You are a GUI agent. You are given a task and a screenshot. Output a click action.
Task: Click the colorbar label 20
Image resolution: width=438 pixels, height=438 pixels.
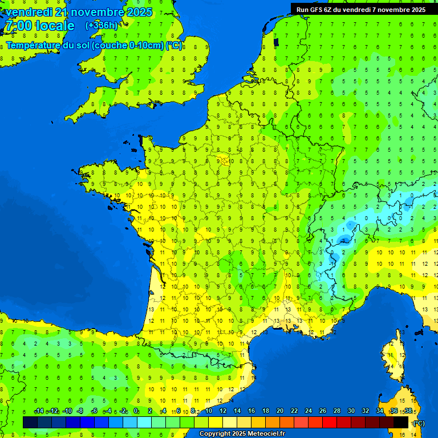279,411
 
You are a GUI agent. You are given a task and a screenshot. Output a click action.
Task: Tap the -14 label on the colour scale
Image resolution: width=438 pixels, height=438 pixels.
39,411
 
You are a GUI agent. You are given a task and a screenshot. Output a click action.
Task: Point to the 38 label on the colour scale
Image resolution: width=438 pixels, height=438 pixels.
408,411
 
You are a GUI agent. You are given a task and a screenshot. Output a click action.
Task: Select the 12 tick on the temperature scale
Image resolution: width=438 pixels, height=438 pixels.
223,411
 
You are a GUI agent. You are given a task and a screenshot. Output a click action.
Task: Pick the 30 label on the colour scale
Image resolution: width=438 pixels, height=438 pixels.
351,411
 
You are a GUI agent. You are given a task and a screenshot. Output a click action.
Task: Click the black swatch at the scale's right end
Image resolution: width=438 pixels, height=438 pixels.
401,422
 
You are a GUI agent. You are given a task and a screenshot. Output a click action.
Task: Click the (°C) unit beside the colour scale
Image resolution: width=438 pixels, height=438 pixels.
419,423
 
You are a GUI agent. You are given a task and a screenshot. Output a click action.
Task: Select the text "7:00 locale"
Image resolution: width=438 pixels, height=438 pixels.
39,26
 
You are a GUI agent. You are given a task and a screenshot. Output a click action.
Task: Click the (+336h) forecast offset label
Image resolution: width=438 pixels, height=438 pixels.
102,26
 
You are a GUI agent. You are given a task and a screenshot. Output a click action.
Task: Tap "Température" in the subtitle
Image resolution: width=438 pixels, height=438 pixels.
34,46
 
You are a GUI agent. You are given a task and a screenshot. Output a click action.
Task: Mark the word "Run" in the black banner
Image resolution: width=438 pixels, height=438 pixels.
302,10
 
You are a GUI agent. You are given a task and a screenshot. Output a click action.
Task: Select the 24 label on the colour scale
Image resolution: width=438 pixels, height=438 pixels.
308,411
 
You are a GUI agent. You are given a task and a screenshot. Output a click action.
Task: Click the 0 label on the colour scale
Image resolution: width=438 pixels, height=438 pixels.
136,411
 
